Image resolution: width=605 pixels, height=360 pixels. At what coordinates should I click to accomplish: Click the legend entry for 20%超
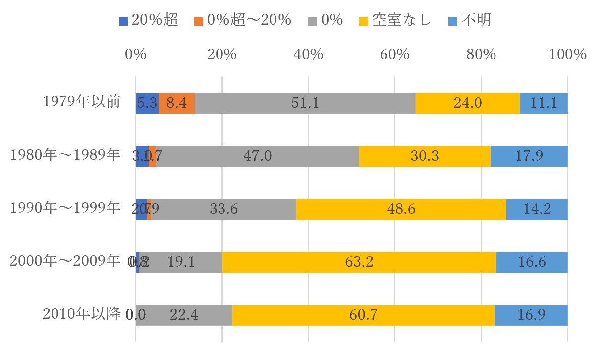coord(149,20)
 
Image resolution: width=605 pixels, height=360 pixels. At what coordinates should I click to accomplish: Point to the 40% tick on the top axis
coord(308,54)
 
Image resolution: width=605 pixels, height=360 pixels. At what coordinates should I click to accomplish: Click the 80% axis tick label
coord(481,54)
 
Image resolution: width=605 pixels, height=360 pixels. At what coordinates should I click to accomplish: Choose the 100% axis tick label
coord(568,54)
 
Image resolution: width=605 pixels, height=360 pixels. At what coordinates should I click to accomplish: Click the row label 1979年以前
coord(82,103)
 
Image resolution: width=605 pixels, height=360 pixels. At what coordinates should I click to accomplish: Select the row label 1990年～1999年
coord(65,208)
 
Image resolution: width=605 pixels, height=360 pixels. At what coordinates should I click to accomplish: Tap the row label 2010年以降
coord(82,314)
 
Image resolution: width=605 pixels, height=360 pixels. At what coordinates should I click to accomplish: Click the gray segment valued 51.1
coord(305,103)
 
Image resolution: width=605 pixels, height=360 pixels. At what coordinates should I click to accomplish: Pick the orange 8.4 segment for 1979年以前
coord(176,103)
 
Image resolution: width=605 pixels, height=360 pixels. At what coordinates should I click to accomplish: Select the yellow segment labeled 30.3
coord(425,156)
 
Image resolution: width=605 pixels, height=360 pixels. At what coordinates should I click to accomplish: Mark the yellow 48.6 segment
coord(401,209)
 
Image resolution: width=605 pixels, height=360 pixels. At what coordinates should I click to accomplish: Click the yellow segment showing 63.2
coord(359,262)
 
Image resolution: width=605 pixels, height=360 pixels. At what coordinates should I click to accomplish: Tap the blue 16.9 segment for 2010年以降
coord(531,315)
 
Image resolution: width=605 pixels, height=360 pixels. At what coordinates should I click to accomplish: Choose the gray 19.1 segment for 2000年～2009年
coord(181,262)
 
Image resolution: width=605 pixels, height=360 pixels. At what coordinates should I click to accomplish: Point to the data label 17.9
coord(529,156)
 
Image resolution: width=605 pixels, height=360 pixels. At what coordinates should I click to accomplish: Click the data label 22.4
coord(184,315)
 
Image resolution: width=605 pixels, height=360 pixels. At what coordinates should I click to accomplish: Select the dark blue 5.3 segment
coord(147,103)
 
